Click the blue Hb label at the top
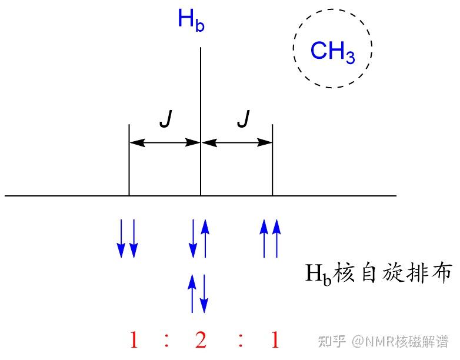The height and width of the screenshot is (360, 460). [x=191, y=21]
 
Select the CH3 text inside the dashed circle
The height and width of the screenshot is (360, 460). [x=332, y=52]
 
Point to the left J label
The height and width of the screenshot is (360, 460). [x=165, y=121]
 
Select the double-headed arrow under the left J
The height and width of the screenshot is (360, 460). [x=165, y=142]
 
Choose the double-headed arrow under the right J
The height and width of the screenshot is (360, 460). [x=236, y=142]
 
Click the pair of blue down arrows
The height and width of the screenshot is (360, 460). [x=127, y=238]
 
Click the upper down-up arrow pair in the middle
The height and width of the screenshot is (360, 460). [x=199, y=238]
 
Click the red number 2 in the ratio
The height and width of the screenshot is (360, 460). [x=201, y=340]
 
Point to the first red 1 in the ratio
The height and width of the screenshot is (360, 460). [x=134, y=340]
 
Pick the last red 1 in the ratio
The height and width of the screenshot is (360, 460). [x=274, y=340]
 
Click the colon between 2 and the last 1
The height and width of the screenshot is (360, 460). [x=240, y=340]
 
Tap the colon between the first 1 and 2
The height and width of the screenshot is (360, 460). [x=167, y=340]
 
